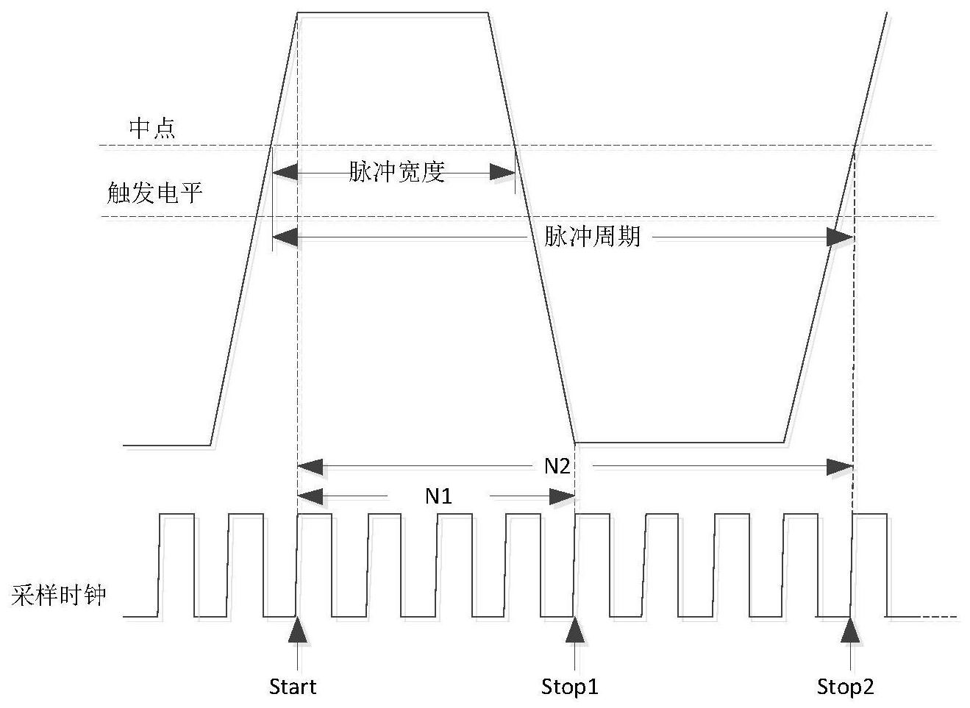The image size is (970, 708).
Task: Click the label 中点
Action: click(x=152, y=128)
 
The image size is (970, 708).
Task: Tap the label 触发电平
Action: click(x=154, y=193)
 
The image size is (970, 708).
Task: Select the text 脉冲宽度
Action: click(x=396, y=172)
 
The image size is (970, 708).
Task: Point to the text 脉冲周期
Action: click(x=592, y=237)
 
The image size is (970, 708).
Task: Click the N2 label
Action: click(x=557, y=466)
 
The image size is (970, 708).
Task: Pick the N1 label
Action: click(x=438, y=496)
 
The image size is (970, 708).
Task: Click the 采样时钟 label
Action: click(x=59, y=595)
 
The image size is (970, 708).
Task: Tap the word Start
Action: click(x=292, y=687)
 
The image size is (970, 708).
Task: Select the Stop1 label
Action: click(x=569, y=687)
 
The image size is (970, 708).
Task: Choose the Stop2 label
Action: click(x=846, y=687)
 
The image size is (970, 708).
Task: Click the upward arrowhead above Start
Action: click(x=297, y=629)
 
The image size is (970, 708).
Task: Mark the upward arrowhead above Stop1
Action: click(x=574, y=629)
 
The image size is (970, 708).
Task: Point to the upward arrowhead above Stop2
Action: click(x=851, y=629)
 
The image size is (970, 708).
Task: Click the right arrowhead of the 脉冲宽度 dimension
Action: click(x=503, y=173)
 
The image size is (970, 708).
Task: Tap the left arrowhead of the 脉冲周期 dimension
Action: click(x=285, y=237)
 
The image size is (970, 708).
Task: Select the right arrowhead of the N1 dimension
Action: click(x=562, y=497)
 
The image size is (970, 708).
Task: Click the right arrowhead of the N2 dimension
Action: click(x=840, y=467)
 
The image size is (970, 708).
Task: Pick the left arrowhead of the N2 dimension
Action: click(x=310, y=467)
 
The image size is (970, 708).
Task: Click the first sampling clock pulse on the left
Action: click(x=176, y=515)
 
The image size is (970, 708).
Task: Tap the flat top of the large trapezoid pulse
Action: click(x=392, y=12)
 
